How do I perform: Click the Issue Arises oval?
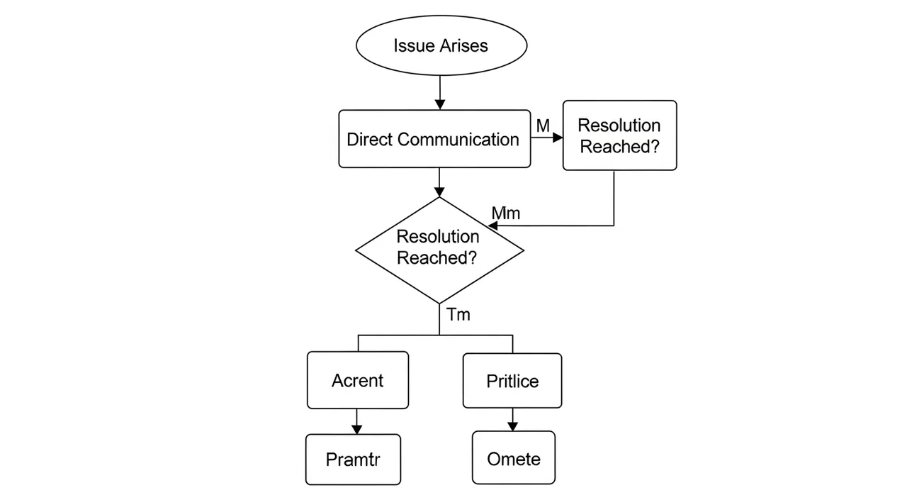pos(441,45)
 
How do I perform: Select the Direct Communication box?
pos(434,138)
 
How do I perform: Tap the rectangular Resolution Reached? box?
pos(619,135)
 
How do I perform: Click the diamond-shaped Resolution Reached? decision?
pos(440,250)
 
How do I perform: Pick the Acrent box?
pos(358,380)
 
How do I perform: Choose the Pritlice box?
pos(512,380)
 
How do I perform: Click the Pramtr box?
pos(353,460)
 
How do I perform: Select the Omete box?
pos(514,457)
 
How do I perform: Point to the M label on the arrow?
pos(543,126)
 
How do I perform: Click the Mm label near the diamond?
pos(506,213)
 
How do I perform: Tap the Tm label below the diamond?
pos(458,314)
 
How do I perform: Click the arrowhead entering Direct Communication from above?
pos(440,104)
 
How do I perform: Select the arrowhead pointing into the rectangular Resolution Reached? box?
pos(558,138)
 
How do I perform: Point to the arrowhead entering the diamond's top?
pos(439,191)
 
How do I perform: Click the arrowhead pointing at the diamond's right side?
pos(492,226)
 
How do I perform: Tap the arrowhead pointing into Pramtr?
pos(356,429)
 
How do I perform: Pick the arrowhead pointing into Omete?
pos(512,426)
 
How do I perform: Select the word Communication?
pos(458,139)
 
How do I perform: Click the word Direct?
pos(370,139)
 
